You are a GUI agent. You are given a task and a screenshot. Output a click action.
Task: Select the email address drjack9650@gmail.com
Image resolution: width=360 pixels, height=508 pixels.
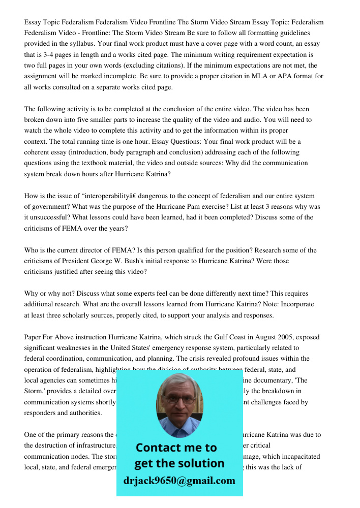pyautogui.click(x=179, y=480)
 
